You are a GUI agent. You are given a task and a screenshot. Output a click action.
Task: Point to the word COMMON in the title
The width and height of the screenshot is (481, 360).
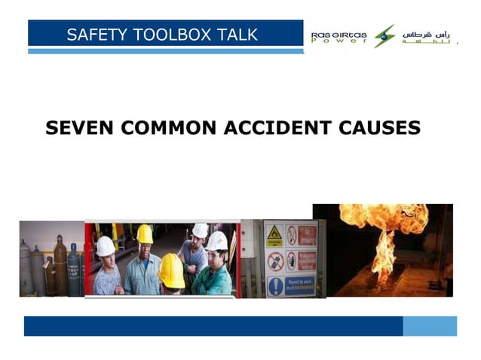(x=170, y=128)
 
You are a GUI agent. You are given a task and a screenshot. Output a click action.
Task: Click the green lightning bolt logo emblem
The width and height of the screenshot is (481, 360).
(x=384, y=35)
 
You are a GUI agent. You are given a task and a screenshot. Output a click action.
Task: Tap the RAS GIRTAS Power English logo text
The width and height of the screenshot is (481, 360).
(x=340, y=37)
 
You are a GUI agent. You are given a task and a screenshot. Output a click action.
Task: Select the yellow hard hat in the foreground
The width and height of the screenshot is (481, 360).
(x=172, y=270)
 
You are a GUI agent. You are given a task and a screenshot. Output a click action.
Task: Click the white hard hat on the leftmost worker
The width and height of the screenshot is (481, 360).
(x=106, y=246)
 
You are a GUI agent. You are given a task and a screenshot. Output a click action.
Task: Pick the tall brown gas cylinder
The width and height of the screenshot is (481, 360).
(x=60, y=265)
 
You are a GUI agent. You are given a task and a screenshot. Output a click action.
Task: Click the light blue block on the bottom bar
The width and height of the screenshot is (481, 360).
(x=430, y=326)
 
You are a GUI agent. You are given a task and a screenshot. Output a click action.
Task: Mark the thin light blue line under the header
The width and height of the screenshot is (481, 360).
(x=166, y=51)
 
